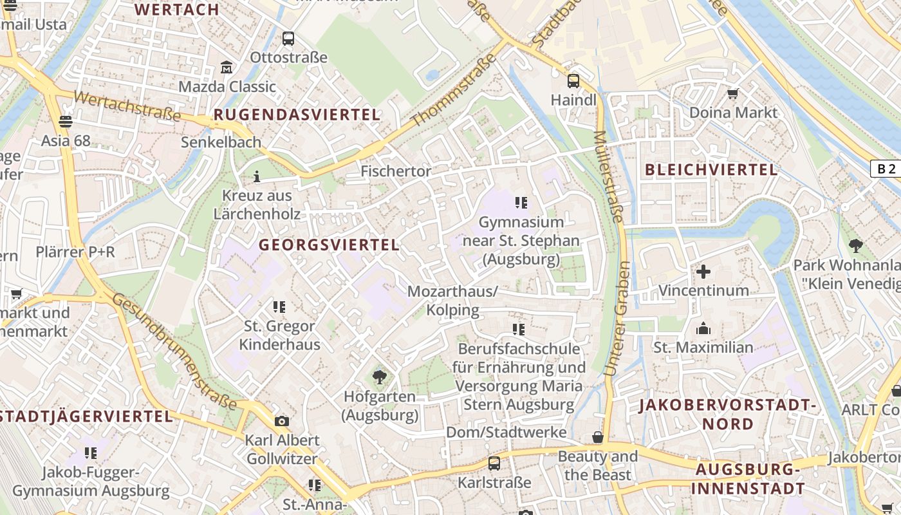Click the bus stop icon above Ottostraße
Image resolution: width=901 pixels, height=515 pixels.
288,39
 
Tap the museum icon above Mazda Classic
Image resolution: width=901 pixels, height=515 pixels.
227,68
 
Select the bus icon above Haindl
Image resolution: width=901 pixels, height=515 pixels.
573,81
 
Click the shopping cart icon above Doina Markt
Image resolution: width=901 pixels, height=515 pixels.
732,94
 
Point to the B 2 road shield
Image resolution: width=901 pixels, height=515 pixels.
886,169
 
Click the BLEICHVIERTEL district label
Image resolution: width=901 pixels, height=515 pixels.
711,170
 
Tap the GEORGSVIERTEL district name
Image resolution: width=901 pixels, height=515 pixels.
329,245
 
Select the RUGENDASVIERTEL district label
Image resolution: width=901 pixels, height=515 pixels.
297,115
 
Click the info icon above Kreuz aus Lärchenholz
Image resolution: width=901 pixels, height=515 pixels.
257,176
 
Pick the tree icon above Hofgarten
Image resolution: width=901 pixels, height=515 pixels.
380,377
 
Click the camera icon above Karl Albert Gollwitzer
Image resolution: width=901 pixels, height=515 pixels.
281,422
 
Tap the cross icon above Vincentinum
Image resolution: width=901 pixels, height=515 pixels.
703,272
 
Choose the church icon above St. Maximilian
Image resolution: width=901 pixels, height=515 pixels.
703,329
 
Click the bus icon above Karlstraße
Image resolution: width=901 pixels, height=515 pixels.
494,464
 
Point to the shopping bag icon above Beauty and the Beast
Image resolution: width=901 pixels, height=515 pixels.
598,438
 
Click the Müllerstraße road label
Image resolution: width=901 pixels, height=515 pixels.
608,177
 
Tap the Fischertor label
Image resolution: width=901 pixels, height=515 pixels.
396,171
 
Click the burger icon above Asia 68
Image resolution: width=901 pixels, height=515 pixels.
65,121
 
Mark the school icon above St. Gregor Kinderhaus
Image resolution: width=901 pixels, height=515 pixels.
279,307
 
